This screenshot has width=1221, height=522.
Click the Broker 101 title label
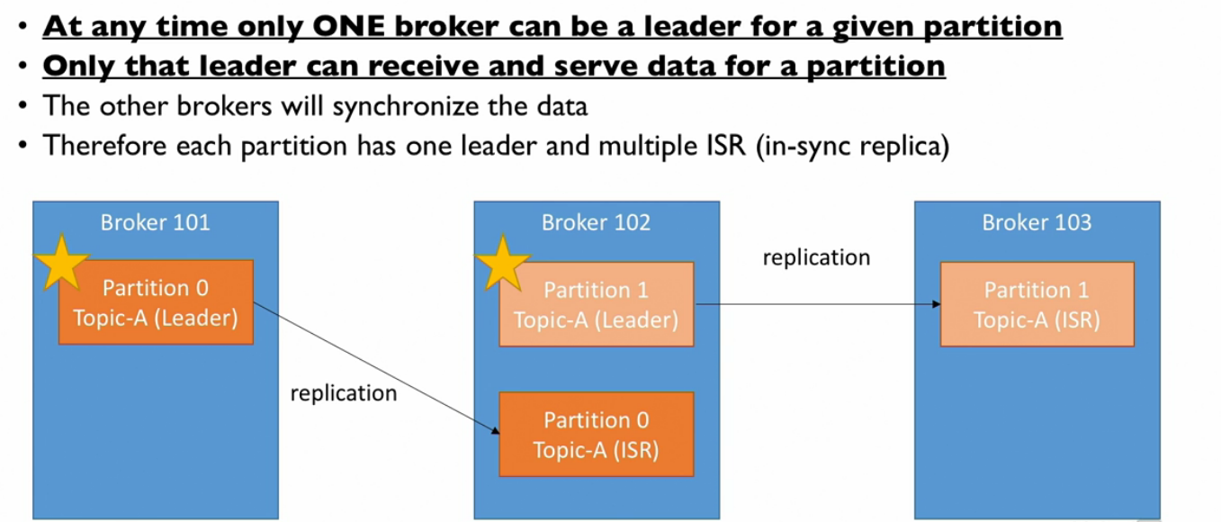pos(155,222)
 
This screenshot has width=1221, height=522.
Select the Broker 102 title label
pos(596,222)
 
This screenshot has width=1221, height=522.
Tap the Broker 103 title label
pos(1037,222)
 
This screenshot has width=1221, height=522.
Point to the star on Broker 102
pos(502,263)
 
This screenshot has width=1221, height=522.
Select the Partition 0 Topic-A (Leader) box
pos(156,302)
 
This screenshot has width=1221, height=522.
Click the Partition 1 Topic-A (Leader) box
pos(597,304)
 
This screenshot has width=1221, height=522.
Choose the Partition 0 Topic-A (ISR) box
pos(597,435)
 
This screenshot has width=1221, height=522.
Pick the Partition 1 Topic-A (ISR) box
pos(1037,304)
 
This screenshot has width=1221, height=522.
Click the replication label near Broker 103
pos(816,257)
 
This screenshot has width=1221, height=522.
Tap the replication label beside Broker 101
pos(343,393)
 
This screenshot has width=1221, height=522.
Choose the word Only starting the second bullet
pos(72,66)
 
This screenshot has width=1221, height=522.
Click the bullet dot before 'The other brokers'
pos(22,106)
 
